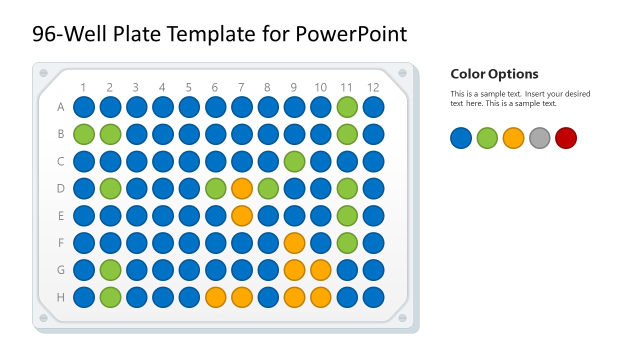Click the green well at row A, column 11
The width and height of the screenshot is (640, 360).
347,107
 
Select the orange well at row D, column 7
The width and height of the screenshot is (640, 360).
242,188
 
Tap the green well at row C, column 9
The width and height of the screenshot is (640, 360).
294,161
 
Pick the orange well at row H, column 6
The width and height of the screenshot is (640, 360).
215,297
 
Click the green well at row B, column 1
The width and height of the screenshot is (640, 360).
84,134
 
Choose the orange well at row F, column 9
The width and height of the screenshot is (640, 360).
294,243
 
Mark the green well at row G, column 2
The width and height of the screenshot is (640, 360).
110,270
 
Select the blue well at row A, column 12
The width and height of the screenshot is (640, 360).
373,107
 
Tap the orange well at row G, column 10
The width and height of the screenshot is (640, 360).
320,270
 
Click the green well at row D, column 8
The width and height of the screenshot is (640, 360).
268,188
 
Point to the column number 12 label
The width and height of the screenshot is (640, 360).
373,87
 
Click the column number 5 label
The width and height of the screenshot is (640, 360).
188,87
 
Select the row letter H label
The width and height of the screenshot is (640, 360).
60,297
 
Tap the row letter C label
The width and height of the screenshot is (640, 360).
60,161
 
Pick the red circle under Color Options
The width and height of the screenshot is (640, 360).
566,138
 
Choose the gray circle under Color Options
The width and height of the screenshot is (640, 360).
539,138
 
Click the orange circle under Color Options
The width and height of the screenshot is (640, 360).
513,138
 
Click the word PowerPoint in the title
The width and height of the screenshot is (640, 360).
351,34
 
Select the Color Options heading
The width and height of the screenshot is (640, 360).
494,74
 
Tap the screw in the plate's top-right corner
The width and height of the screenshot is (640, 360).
402,73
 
